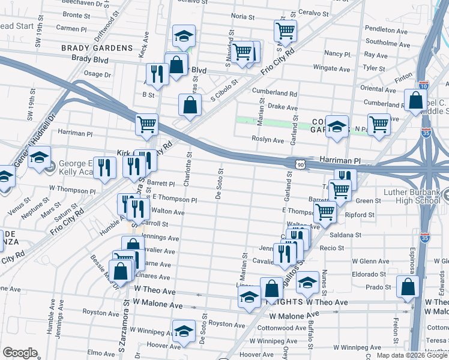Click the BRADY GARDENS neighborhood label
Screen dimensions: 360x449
pos(96,47)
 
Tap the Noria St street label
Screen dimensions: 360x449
pos(243,17)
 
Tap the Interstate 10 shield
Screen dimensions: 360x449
pos(424,85)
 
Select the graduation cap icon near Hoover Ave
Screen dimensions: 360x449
pos(184,331)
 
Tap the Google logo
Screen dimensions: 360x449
pos(19,353)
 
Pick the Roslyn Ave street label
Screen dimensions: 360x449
pos(270,140)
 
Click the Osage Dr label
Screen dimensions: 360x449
pos(97,74)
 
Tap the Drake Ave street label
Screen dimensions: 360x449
pos(279,106)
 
